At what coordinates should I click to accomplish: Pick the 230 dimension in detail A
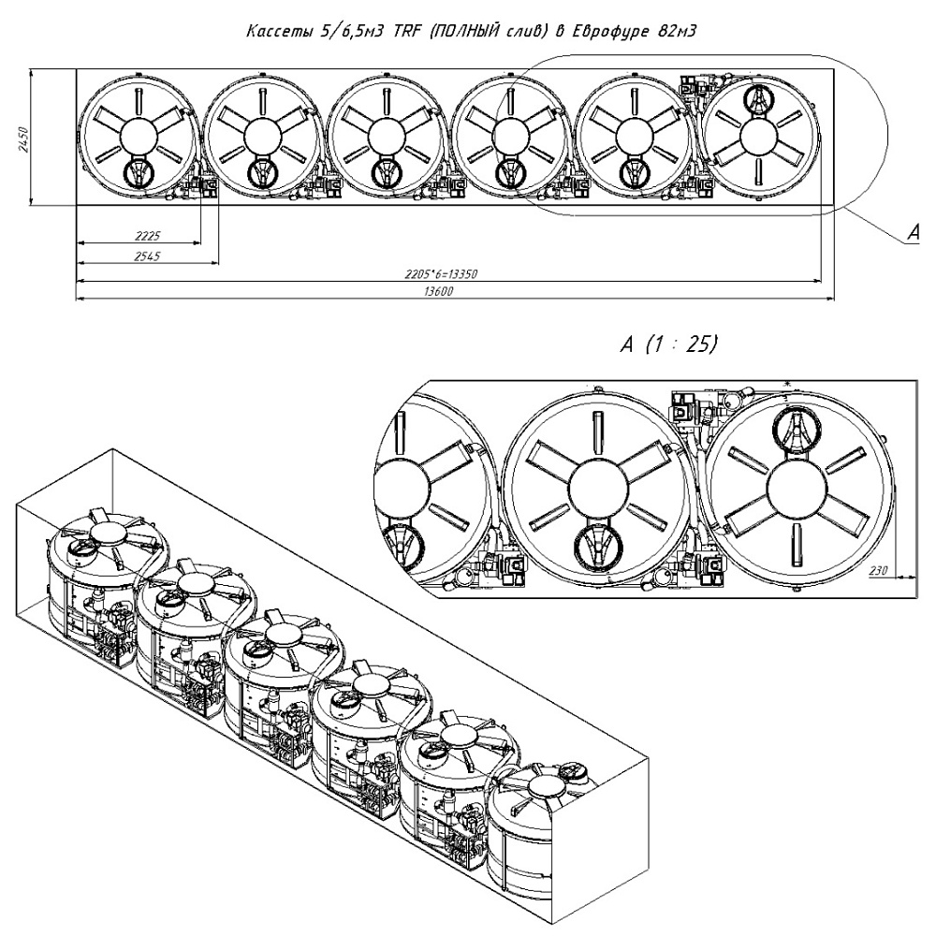[878, 568]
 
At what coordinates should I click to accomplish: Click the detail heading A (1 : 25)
[668, 344]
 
